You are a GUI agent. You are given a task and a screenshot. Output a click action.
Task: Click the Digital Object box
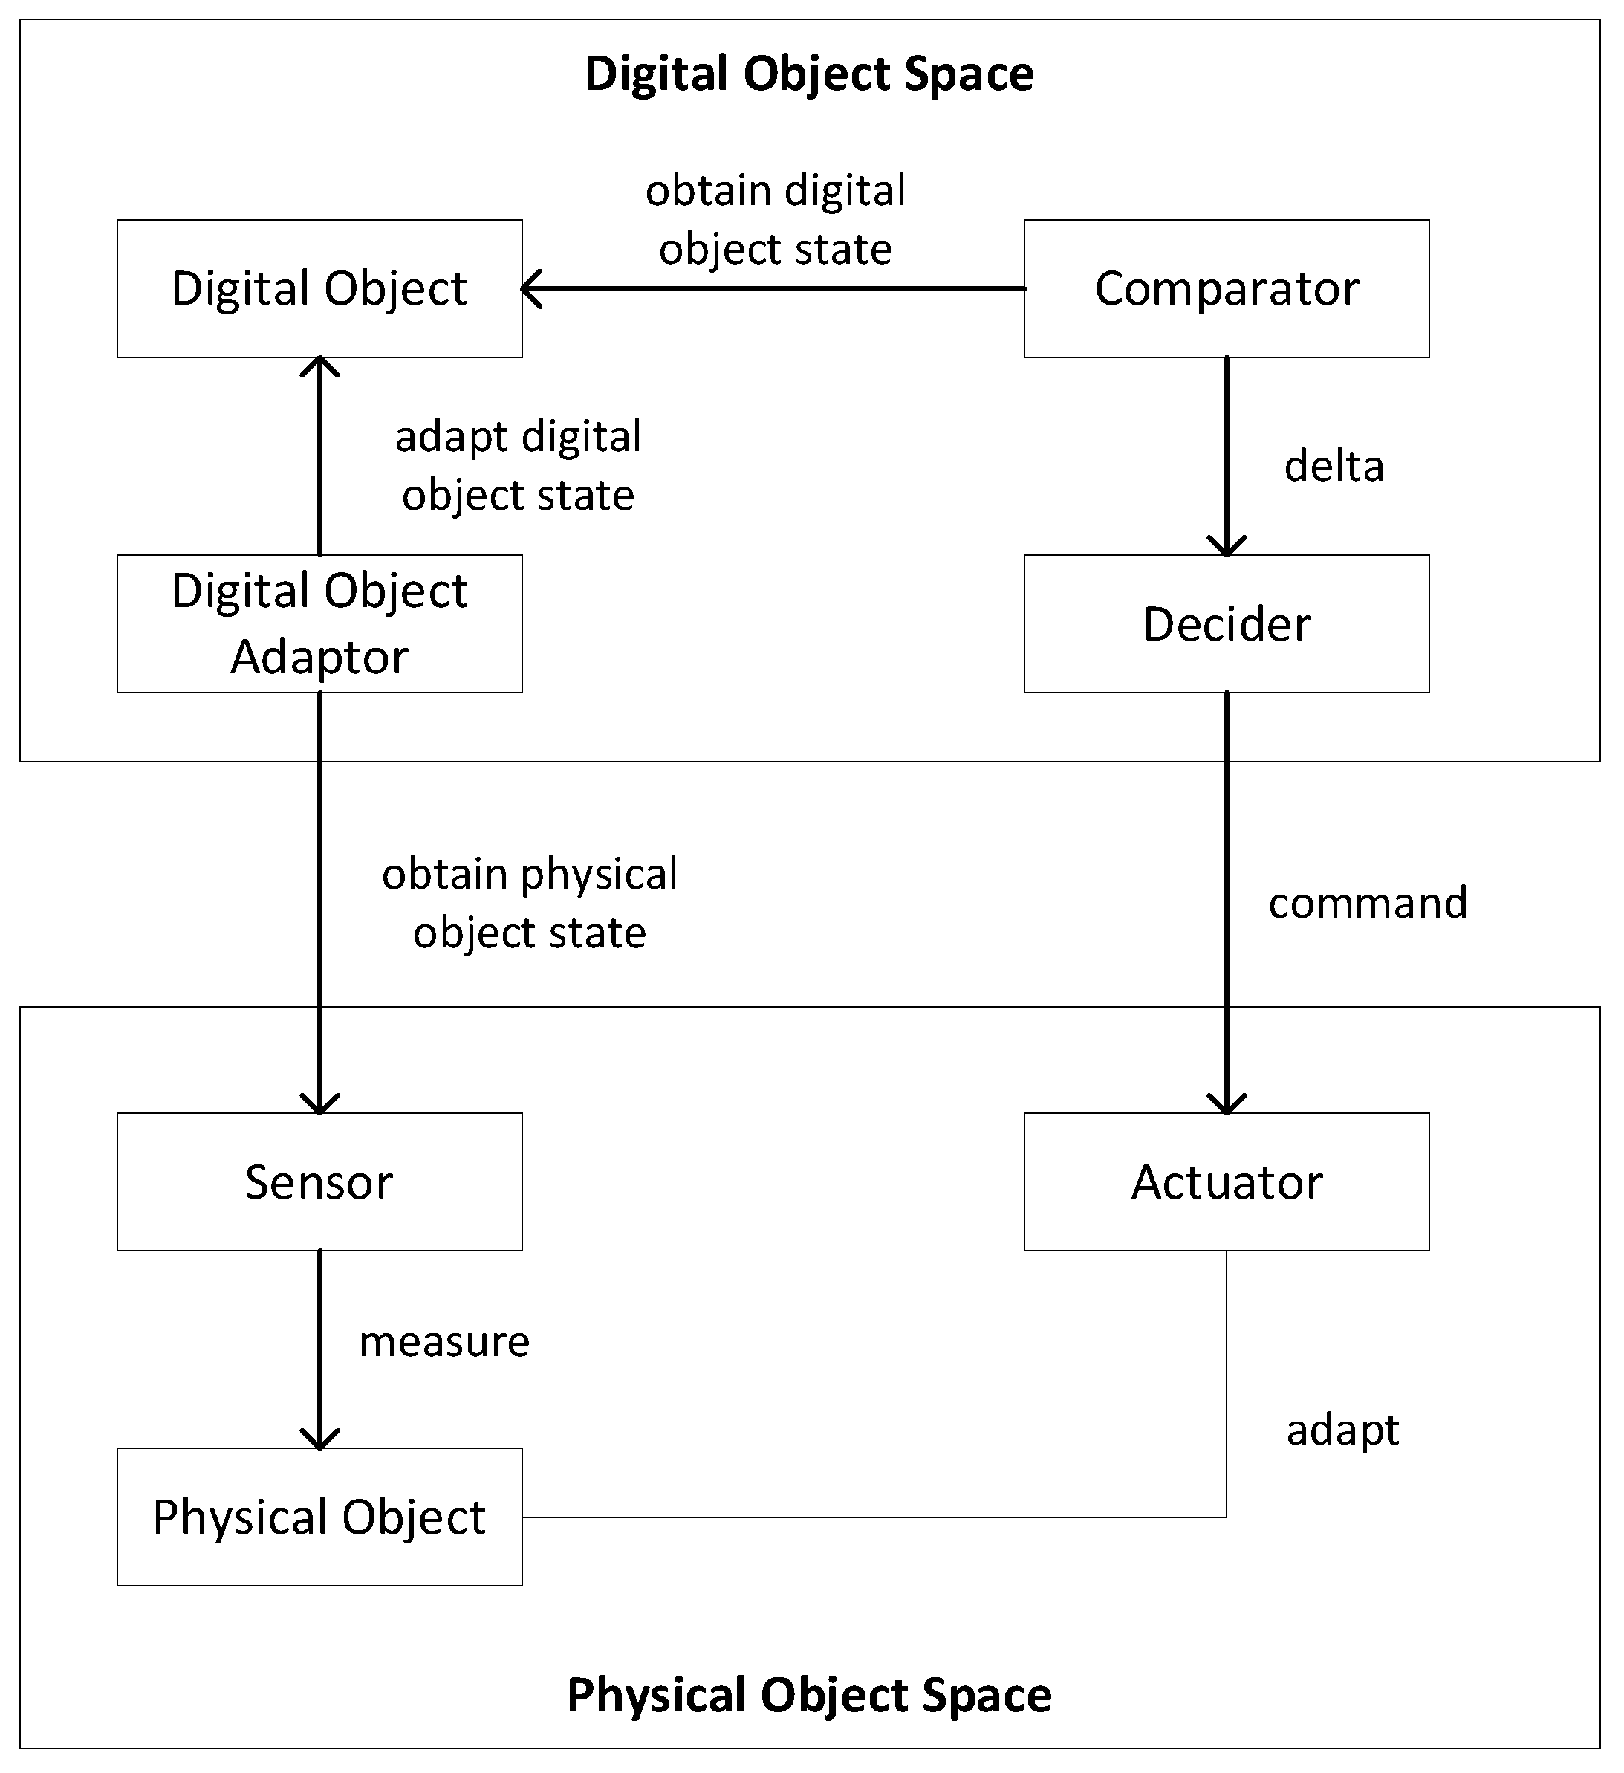click(x=320, y=289)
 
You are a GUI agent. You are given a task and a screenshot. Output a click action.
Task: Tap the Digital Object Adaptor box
click(x=320, y=625)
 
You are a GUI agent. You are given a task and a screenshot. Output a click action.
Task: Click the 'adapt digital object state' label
click(x=519, y=467)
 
